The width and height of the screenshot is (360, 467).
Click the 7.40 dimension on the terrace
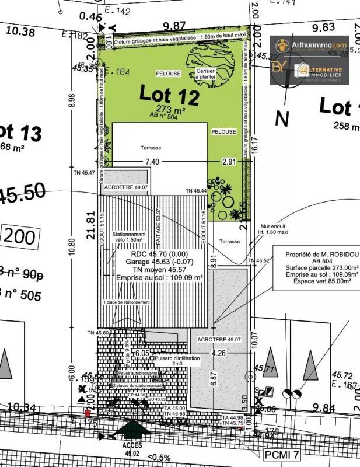[152, 162]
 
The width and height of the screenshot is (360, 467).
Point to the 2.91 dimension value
[229, 162]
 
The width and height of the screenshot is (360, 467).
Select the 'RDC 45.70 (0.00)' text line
[158, 255]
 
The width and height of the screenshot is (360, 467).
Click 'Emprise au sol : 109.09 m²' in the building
[158, 278]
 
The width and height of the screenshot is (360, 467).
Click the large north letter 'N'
[282, 119]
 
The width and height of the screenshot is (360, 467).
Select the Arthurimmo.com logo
[309, 44]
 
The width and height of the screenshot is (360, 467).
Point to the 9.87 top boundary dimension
[174, 26]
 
